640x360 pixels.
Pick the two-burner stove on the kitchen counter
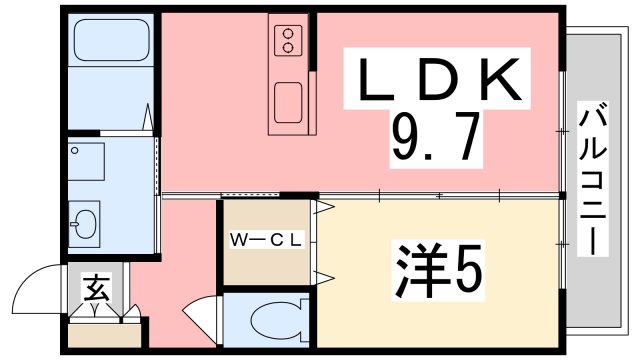point(288,41)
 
